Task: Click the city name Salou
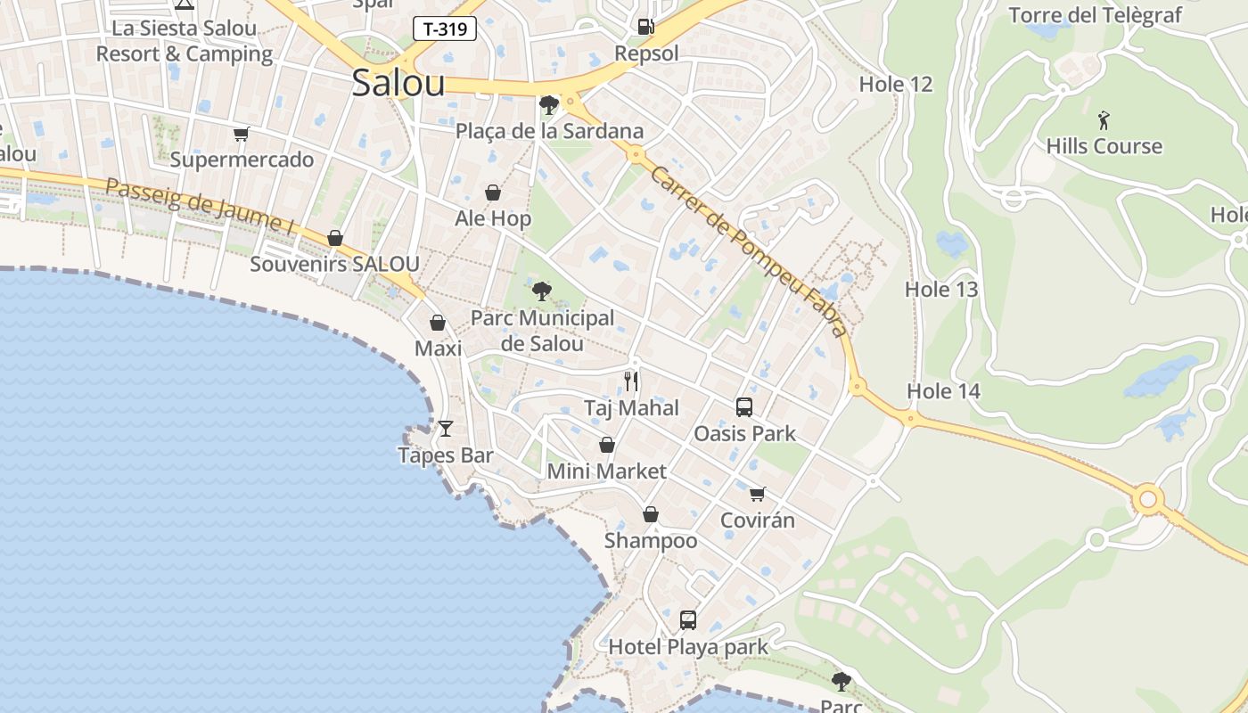[x=398, y=83]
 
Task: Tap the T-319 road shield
[x=445, y=29]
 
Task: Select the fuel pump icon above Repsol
[x=646, y=26]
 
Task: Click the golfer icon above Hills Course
[x=1104, y=119]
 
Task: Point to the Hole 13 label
[x=941, y=290]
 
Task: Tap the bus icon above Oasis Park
[x=744, y=407]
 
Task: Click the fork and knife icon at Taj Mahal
[x=631, y=381]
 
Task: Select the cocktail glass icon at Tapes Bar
[x=446, y=429]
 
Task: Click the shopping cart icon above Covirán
[x=758, y=494]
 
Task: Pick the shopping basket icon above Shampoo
[x=651, y=514]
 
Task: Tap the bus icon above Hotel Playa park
[x=688, y=620]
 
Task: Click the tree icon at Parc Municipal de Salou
[x=541, y=291]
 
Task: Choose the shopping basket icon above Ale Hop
[x=493, y=192]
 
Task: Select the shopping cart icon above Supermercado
[x=242, y=135]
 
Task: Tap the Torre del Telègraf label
[x=1095, y=15]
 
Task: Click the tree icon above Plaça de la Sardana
[x=549, y=105]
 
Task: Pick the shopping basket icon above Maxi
[x=438, y=323]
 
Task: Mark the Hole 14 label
[x=943, y=391]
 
